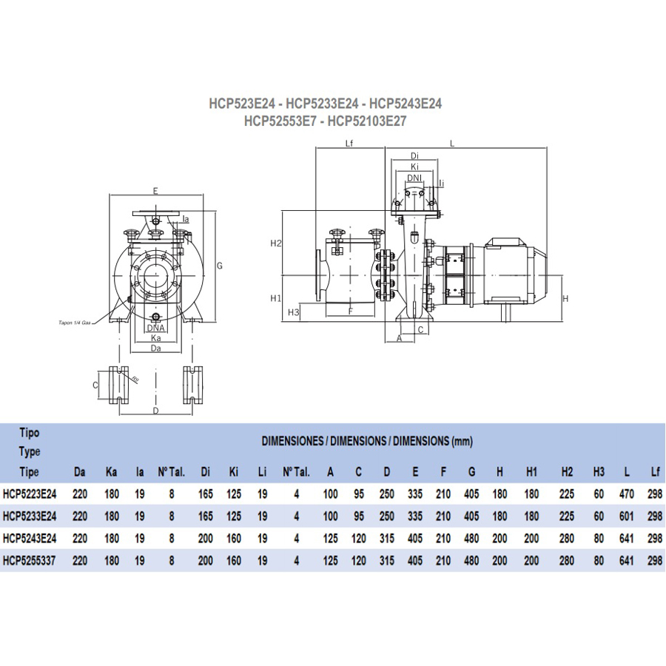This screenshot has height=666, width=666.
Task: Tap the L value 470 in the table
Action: pos(626,492)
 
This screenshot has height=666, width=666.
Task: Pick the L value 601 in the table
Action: pos(626,515)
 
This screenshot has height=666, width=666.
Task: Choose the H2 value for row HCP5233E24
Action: pos(568,515)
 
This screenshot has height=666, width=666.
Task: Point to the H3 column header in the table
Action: pos(598,471)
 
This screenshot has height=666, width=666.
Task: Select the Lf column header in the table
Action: pos(654,471)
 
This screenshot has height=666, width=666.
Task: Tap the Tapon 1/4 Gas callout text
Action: pos(75,323)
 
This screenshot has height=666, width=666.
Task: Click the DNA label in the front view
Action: pos(155,327)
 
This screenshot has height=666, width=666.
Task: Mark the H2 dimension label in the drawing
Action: pos(276,243)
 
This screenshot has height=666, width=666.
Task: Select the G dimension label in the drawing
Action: pos(219,265)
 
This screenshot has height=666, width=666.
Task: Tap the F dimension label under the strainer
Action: pos(350,312)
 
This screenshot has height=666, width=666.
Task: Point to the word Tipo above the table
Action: pos(29,432)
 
